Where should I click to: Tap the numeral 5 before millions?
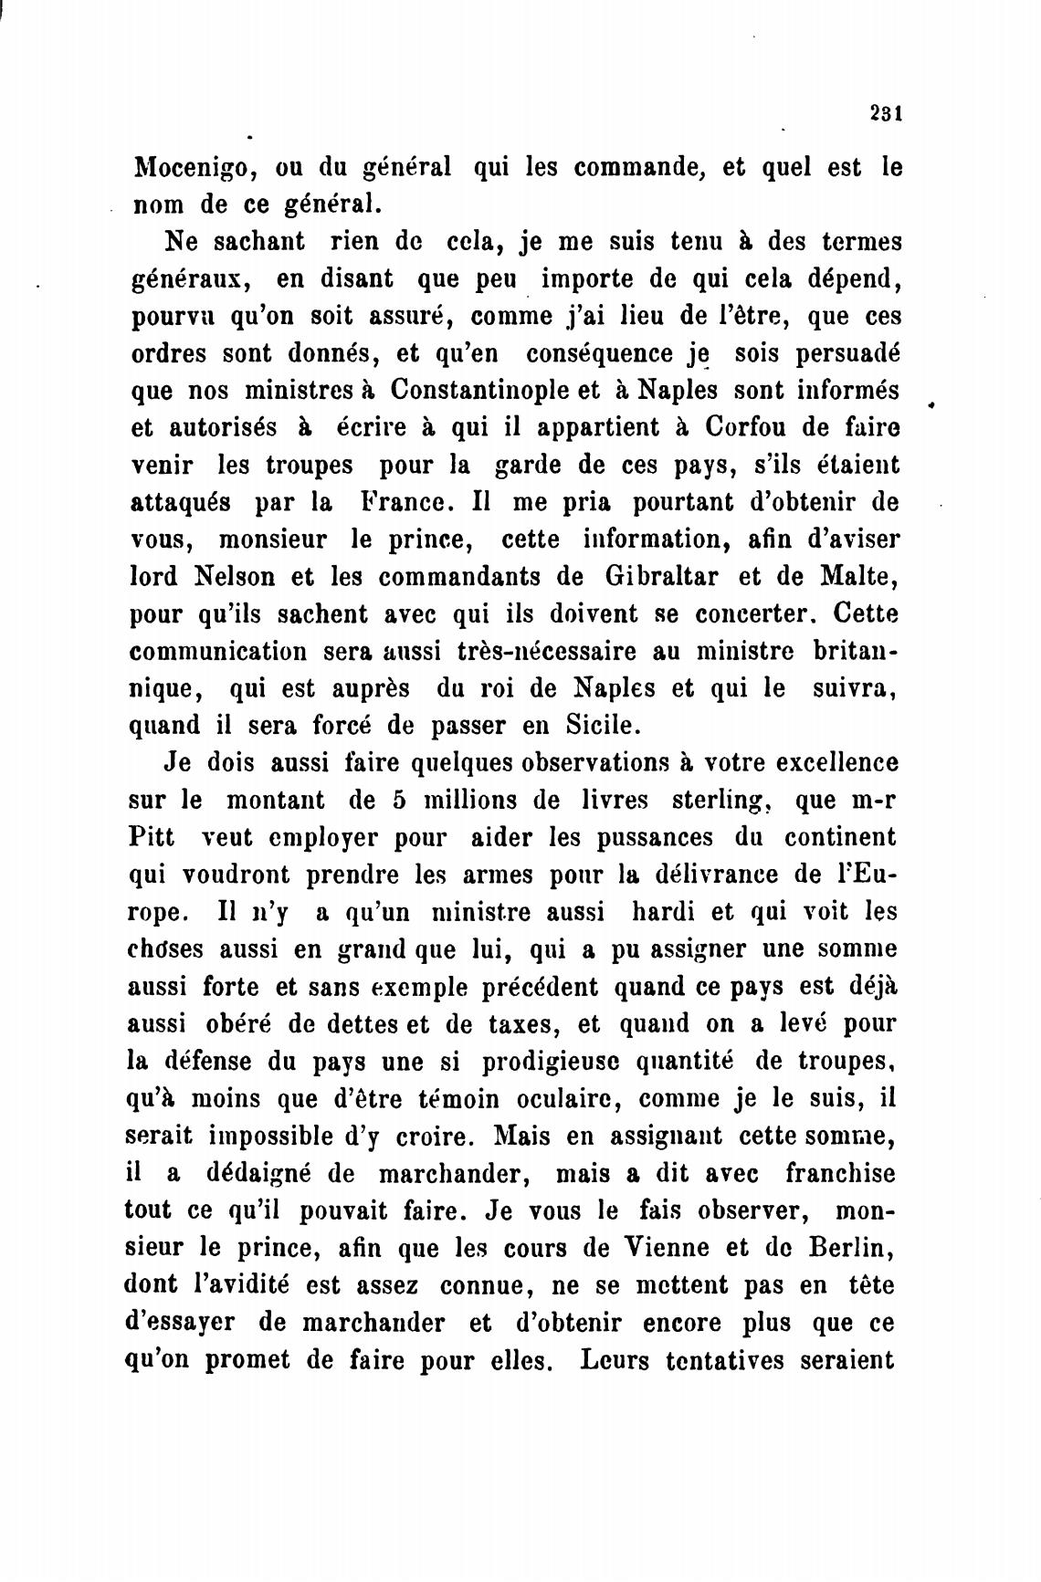pos(398,800)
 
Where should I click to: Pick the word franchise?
pos(840,1173)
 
